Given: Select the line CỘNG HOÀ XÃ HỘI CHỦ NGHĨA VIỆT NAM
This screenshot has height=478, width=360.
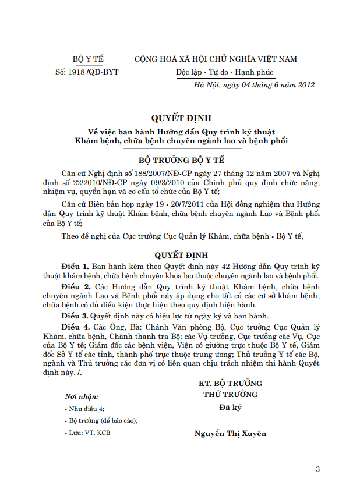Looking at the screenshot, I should pos(216,59).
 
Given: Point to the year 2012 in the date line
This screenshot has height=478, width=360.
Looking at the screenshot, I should pos(306,85).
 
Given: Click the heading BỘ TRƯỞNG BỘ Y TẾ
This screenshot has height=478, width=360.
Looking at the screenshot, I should pos(181,159).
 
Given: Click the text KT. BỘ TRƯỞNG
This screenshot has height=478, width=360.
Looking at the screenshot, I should pos(230,383).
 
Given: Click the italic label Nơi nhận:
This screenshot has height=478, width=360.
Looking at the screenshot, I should pos(82,396).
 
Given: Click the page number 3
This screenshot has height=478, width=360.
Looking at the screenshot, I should pos(317,468).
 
